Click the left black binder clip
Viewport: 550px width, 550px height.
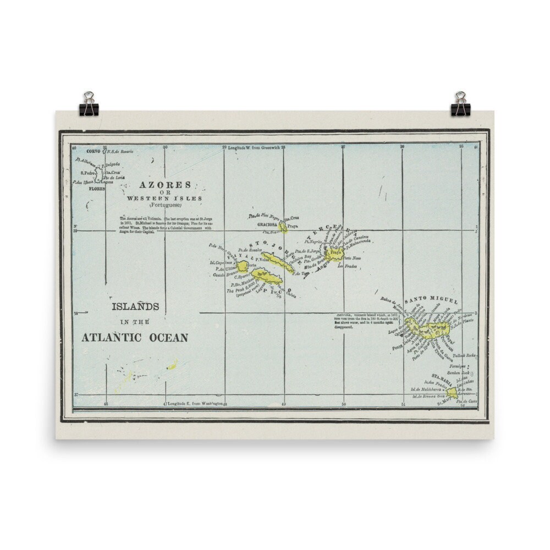[x=89, y=105]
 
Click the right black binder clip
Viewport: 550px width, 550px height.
[x=459, y=105]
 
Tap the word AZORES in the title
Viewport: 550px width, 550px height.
[x=157, y=185]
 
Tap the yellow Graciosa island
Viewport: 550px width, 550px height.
[x=283, y=227]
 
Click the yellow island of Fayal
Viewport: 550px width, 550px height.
[x=243, y=266]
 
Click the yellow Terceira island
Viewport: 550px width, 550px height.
[x=334, y=254]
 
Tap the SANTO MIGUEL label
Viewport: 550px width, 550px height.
[x=424, y=301]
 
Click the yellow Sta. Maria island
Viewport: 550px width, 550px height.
[x=452, y=392]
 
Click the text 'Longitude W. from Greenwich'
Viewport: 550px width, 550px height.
[x=254, y=147]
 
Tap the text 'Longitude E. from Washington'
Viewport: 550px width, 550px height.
[x=195, y=404]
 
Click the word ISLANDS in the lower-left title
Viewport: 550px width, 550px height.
[x=135, y=306]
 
